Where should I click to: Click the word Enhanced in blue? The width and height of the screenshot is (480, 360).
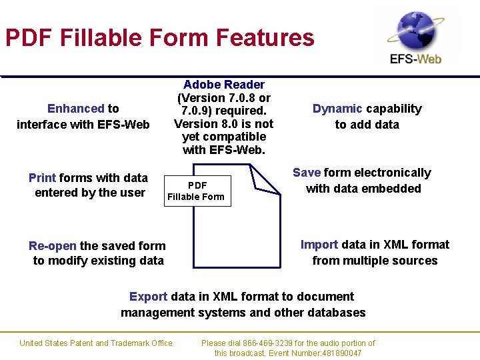point(76,109)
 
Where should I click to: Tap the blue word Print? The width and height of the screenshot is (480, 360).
point(42,178)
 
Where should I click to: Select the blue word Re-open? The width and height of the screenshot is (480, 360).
point(53,246)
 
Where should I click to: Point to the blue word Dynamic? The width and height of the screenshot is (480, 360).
point(337,109)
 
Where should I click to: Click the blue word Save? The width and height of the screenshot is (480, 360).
point(307,173)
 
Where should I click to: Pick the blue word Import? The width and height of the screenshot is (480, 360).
point(319,245)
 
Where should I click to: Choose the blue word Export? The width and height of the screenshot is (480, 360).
point(149,297)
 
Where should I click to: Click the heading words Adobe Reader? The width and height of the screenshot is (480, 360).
point(224,85)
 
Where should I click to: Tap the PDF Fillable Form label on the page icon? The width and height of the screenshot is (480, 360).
point(196,191)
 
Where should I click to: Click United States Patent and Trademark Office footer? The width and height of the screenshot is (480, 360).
point(96,343)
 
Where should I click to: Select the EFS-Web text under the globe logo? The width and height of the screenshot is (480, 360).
point(415,59)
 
